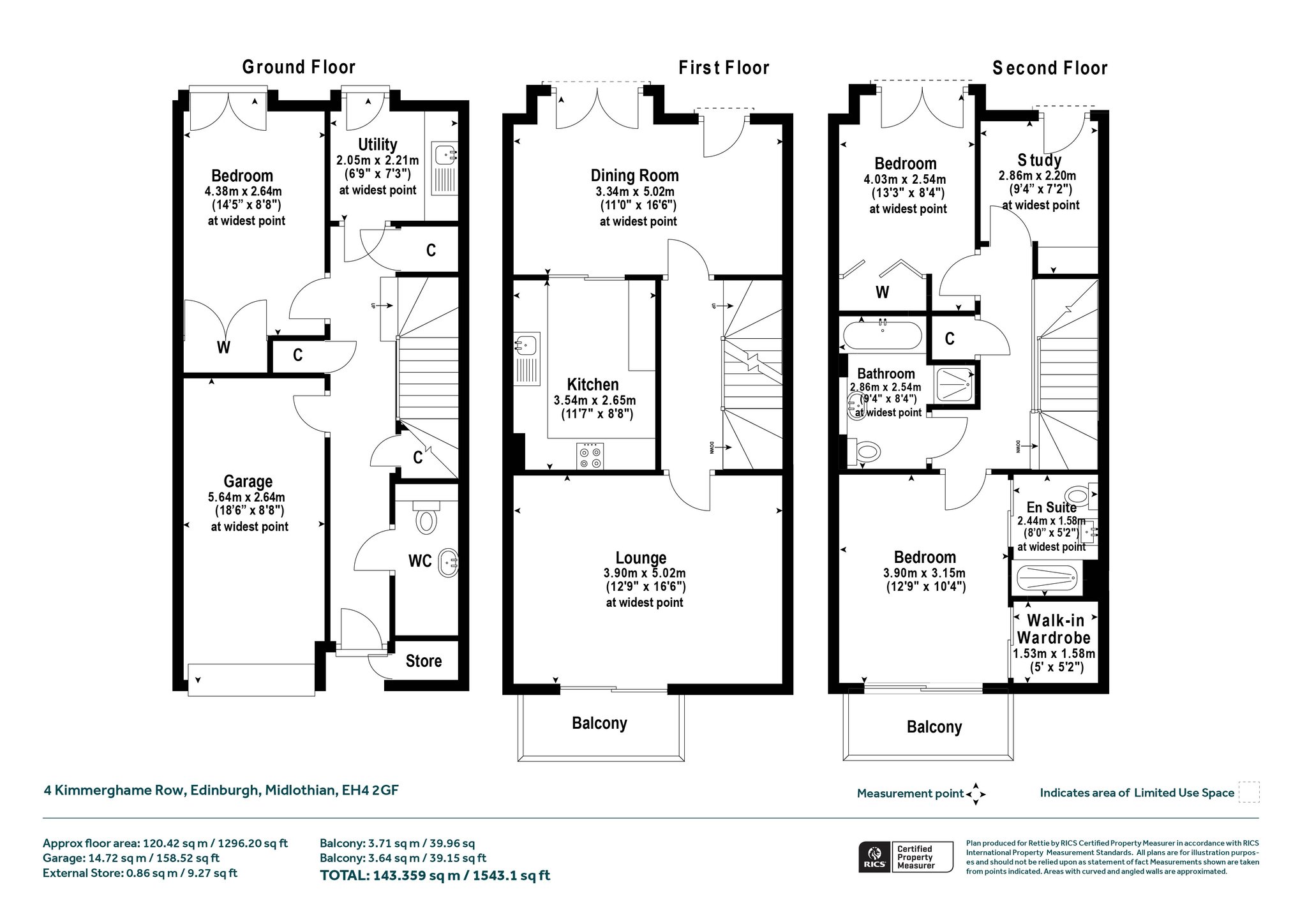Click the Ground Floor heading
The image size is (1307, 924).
[299, 67]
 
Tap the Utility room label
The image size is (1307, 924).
[377, 145]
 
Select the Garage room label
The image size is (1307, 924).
[248, 481]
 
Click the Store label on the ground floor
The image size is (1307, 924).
[424, 661]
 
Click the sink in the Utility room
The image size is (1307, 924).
[445, 155]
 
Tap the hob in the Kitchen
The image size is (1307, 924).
[590, 456]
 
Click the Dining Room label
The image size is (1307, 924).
[634, 175]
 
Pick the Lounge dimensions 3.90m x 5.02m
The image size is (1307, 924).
[645, 573]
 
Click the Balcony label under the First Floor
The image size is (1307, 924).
[599, 723]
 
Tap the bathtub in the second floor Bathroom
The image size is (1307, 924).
[883, 335]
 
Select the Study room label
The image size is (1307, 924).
[1040, 160]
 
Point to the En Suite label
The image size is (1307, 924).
[1051, 507]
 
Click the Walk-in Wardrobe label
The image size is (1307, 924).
[1054, 629]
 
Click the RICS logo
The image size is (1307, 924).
[874, 857]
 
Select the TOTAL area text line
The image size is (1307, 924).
[435, 876]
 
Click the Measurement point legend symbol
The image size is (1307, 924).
[976, 794]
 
